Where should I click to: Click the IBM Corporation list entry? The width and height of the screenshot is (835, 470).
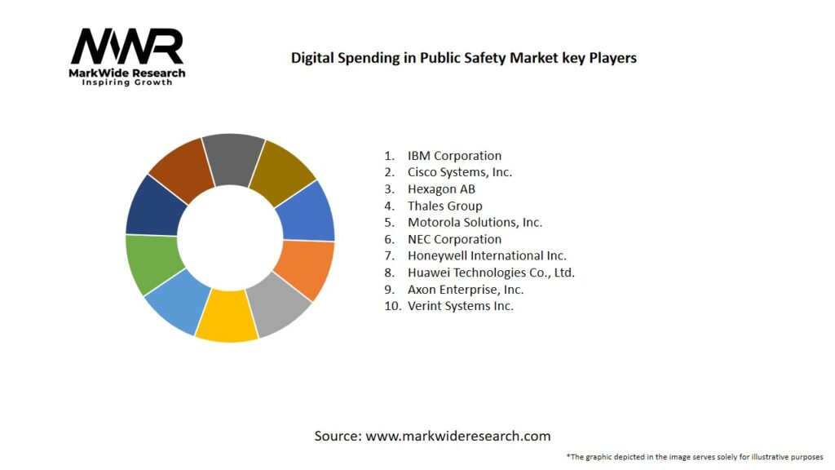point(454,155)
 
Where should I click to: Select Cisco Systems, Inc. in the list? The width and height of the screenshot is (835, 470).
point(460,172)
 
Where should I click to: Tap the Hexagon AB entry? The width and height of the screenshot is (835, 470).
point(441,189)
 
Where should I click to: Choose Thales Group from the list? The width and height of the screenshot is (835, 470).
point(444,206)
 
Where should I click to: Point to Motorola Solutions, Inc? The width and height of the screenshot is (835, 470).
point(475,222)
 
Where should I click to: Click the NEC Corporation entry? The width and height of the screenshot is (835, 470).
point(454,239)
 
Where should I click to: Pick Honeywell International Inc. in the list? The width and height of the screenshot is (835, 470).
point(487,255)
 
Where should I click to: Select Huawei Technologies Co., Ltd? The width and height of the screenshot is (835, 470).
point(491,273)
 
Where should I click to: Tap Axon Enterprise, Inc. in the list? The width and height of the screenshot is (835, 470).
point(465,289)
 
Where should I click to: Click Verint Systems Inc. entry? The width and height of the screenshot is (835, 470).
point(460,306)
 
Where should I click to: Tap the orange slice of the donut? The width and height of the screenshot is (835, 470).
point(304,270)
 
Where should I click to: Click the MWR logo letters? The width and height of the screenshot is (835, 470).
point(127,47)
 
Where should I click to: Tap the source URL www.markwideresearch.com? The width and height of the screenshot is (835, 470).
point(457,436)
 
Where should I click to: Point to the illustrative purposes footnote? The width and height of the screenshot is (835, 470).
point(694,456)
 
